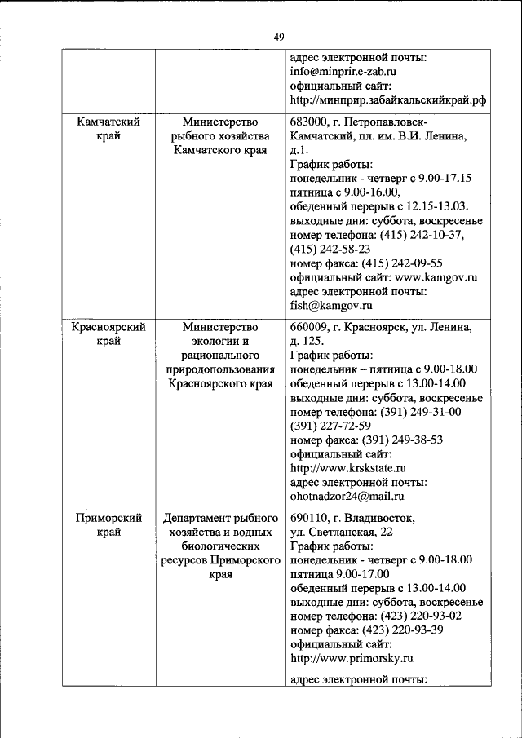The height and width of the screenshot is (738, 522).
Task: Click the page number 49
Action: click(x=279, y=37)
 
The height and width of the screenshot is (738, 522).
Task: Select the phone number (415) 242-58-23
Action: click(x=330, y=248)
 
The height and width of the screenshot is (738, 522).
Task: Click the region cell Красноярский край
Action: click(x=108, y=334)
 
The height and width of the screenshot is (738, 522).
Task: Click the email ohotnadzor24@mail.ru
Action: click(x=347, y=495)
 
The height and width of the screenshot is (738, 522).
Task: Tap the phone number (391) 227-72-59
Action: click(x=330, y=425)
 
